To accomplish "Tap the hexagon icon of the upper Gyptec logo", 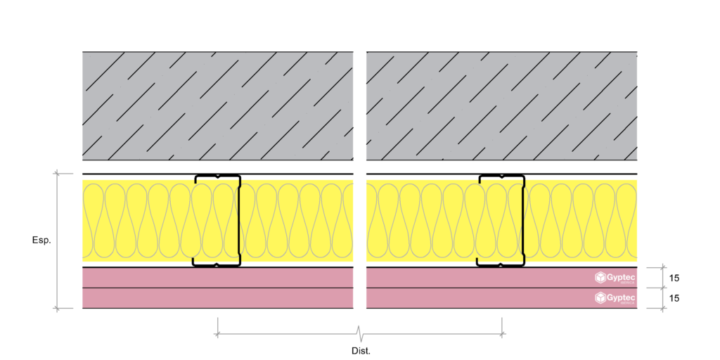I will (x=601, y=277).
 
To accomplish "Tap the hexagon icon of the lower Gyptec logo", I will (x=601, y=297).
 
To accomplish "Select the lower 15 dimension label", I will (x=674, y=298).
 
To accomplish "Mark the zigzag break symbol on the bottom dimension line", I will (x=359, y=332).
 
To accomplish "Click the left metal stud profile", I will (x=217, y=220).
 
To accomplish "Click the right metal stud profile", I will (x=501, y=220).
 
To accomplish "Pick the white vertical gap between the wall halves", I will (x=359, y=179).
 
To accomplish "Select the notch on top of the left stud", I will (x=217, y=176).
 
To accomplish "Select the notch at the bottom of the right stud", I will (x=501, y=265).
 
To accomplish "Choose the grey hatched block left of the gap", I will (x=217, y=105).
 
